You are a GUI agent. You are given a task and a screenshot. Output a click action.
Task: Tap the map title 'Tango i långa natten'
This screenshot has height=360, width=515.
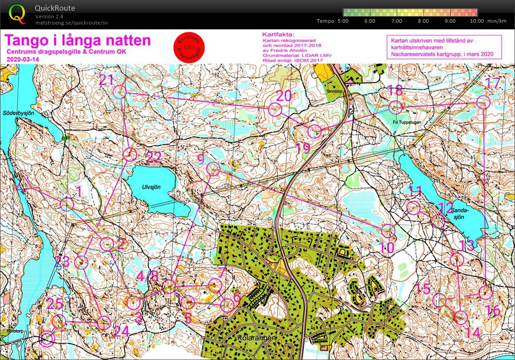point(78,41)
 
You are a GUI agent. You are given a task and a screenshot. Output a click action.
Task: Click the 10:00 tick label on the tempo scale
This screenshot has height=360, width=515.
point(477,21)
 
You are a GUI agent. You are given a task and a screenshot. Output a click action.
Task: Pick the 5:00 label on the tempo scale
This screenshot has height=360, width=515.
point(343,21)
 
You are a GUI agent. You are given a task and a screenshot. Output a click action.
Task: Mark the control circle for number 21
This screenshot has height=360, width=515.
point(119,92)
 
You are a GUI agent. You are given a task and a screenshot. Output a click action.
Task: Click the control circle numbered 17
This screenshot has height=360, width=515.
point(482,103)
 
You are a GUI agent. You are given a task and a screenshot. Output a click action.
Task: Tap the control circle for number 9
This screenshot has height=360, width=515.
point(213,169)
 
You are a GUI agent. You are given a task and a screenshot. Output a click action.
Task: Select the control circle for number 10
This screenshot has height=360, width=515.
point(388,231)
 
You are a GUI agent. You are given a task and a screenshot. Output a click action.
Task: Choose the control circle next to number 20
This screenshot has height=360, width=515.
point(275,108)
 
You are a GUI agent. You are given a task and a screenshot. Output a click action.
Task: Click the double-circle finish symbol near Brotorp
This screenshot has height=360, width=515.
point(47,339)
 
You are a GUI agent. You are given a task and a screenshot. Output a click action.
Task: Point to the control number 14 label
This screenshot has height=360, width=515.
point(472,332)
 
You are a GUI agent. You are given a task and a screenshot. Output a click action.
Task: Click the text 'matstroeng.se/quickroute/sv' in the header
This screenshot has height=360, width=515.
point(71,23)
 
